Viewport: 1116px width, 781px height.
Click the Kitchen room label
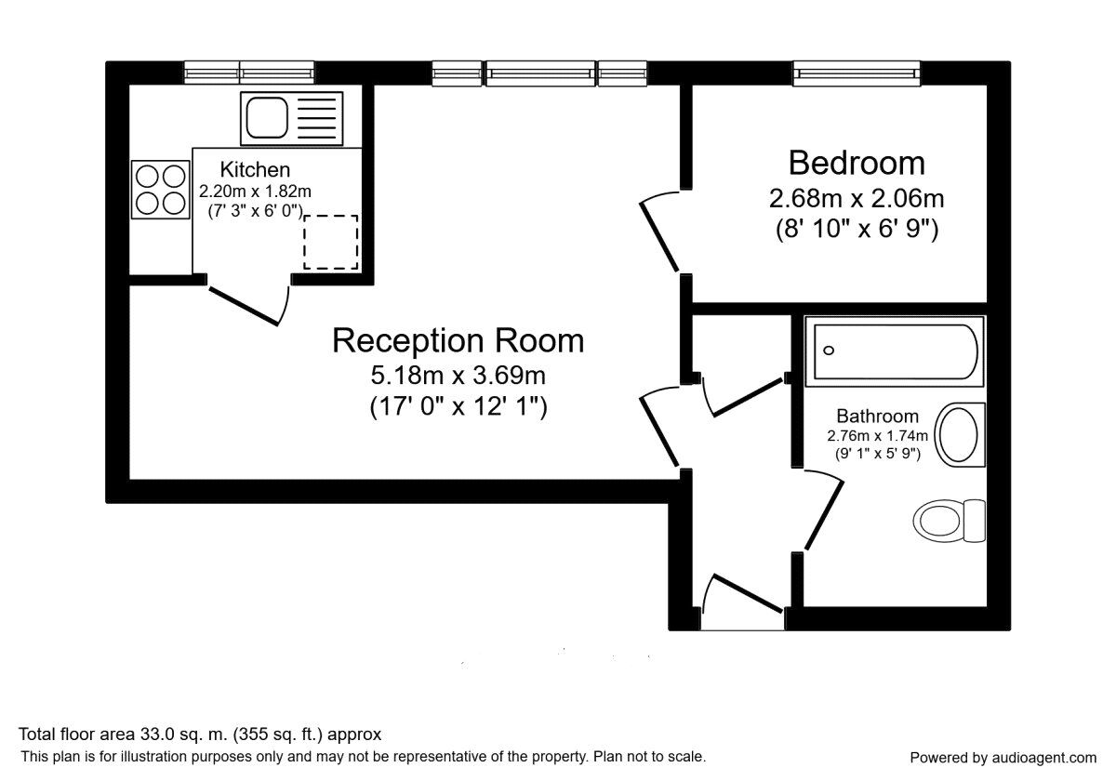click(x=255, y=170)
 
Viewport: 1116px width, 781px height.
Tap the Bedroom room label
click(x=857, y=163)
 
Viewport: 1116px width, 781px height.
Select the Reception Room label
click(x=458, y=340)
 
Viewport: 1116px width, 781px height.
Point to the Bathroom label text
click(x=877, y=417)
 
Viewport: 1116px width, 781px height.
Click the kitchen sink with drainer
click(x=290, y=118)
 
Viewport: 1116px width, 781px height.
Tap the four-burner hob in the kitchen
click(x=160, y=190)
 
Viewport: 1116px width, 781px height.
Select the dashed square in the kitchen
click(x=330, y=242)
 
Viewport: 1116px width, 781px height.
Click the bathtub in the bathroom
click(x=894, y=352)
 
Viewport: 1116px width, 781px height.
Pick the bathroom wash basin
click(x=959, y=434)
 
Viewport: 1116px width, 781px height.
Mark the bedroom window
click(x=857, y=73)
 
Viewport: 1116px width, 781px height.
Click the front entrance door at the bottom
click(x=744, y=595)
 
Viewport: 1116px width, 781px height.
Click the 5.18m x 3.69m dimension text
click(x=458, y=377)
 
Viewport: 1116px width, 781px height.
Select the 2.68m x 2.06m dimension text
click(x=857, y=199)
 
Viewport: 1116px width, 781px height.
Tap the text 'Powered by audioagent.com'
click(x=1003, y=757)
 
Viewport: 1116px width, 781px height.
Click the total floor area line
click(x=201, y=735)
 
